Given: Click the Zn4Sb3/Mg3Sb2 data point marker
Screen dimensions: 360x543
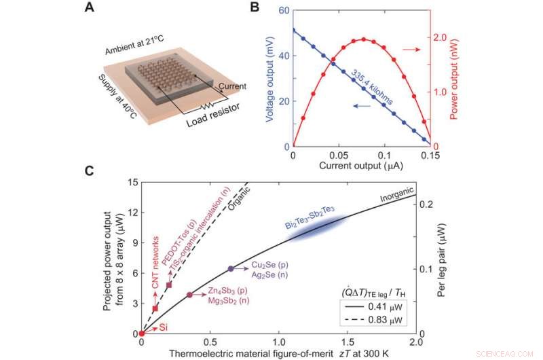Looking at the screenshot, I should coord(189,295).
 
